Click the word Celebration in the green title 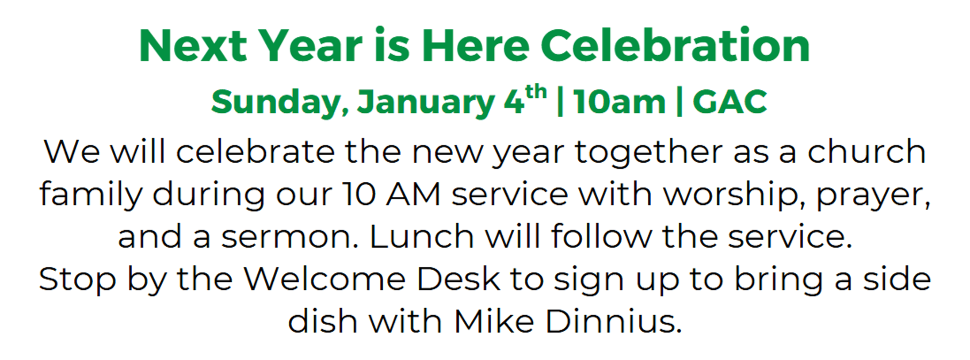pos(675,45)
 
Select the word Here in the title pos(475,46)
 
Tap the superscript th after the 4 pos(536,92)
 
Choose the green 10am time pos(619,102)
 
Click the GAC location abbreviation pos(729,102)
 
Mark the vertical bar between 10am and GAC pos(679,102)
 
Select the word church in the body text pos(867,151)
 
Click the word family pos(91,195)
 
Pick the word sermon pos(290,237)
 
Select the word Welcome pos(325,279)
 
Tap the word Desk pos(458,279)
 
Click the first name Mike pos(494,322)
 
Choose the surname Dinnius pos(614,322)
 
